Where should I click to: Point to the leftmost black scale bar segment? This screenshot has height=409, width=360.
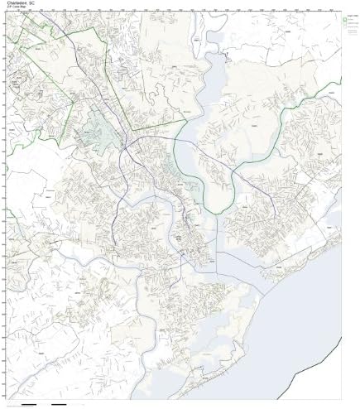[27, 404]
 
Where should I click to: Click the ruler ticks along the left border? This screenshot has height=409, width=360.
[5, 207]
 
